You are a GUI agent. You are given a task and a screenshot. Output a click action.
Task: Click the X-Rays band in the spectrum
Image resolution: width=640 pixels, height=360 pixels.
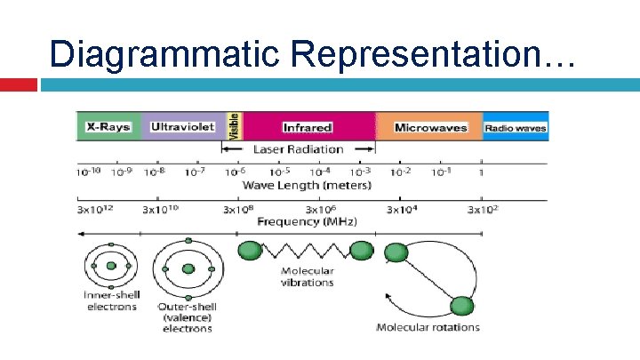click(108, 127)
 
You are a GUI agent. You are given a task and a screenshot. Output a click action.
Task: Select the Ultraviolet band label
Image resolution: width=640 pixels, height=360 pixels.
click(182, 127)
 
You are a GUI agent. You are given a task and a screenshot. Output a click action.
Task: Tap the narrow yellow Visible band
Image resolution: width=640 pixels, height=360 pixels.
click(235, 126)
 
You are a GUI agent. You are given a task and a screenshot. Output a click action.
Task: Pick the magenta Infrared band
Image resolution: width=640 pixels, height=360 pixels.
click(308, 127)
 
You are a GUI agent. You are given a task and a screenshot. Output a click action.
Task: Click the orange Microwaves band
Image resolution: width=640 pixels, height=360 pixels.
click(429, 127)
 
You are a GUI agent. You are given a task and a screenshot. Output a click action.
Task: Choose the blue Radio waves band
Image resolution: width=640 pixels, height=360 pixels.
click(516, 127)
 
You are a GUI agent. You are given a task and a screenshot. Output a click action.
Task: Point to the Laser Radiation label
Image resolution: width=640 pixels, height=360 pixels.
click(298, 149)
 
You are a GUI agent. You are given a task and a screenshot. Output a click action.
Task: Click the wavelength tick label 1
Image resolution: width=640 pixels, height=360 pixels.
click(481, 172)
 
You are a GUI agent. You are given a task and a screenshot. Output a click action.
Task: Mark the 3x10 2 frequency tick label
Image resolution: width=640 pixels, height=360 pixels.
click(484, 210)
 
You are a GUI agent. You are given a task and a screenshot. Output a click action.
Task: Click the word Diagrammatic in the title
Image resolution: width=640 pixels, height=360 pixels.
click(164, 52)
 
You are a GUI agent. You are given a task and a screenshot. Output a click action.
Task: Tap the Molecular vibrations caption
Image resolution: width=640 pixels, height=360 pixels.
click(307, 276)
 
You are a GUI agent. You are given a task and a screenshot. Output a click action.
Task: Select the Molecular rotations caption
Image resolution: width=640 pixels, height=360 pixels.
click(428, 326)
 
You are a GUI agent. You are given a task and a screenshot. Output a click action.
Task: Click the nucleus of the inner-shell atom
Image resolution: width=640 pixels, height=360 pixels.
click(111, 267)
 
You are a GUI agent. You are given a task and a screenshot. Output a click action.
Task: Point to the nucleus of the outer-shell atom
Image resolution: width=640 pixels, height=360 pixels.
click(188, 269)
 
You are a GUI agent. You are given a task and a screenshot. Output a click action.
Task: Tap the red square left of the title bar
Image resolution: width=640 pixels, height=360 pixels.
click(18, 84)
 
